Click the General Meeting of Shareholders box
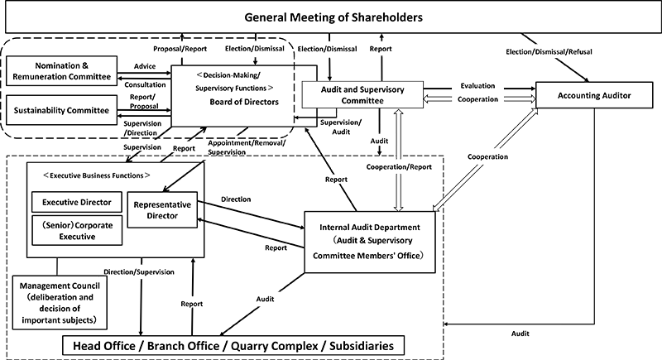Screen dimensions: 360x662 [331, 17]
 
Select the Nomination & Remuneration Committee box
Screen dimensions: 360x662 [62, 70]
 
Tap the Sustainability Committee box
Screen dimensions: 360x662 [62, 108]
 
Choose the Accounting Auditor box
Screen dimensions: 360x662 [595, 96]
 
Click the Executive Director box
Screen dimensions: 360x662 [77, 201]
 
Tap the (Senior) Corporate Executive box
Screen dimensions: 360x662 [77, 230]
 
